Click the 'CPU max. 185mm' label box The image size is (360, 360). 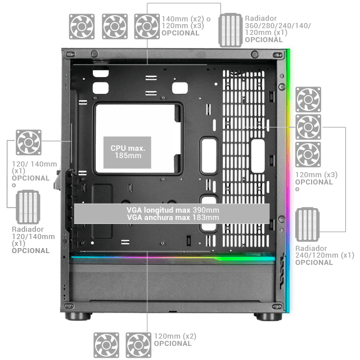(127, 152)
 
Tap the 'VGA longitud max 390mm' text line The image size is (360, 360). (173, 210)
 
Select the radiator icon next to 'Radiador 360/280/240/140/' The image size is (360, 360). (231, 30)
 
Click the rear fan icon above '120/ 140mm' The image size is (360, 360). (29, 142)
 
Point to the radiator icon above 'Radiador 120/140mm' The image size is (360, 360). (28, 207)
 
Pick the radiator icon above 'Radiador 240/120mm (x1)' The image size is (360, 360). (307, 224)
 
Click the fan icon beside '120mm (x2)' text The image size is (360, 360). (138, 345)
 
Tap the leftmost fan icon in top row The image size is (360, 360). (82, 26)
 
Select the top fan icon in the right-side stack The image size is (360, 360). (308, 100)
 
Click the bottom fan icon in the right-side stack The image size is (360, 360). (308, 154)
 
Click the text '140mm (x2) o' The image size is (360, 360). (186, 19)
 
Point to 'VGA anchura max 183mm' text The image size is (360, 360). (173, 218)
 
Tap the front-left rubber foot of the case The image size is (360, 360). (78, 316)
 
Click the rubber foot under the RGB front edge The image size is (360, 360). (269, 316)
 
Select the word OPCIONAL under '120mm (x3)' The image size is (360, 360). (314, 182)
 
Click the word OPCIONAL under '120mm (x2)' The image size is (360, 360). (173, 344)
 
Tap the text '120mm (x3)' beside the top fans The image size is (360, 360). (183, 26)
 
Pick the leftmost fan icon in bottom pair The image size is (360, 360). (106, 345)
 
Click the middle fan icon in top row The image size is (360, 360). (115, 26)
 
